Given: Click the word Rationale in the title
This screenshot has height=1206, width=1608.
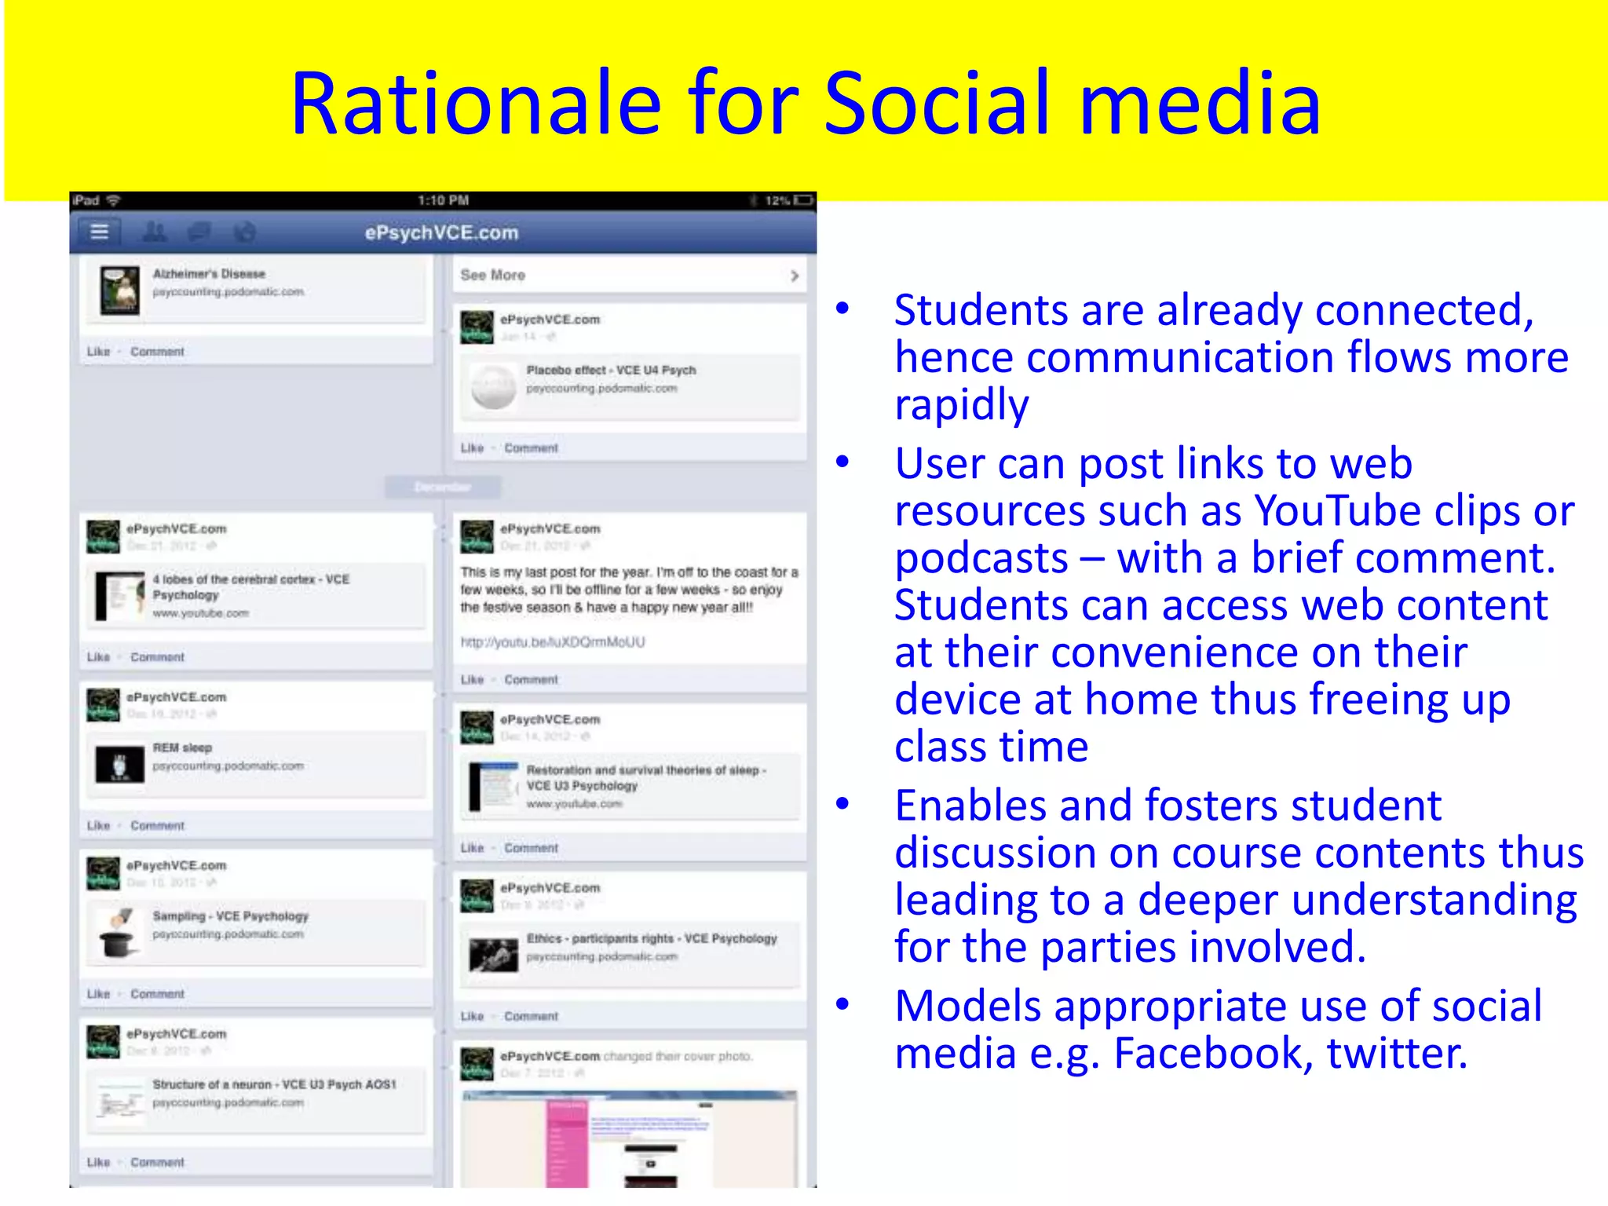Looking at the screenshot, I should [x=476, y=104].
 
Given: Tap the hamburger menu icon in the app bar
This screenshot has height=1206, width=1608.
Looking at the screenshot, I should [x=99, y=232].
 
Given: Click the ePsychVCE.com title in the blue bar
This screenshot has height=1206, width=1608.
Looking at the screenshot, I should [x=441, y=233].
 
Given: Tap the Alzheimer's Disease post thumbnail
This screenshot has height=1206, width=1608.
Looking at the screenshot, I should [x=120, y=289].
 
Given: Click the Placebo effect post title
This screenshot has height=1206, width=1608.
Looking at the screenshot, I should [x=611, y=371].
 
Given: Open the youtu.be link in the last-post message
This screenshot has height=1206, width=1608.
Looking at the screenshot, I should [x=553, y=642].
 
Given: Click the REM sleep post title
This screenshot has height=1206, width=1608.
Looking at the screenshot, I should [x=182, y=748].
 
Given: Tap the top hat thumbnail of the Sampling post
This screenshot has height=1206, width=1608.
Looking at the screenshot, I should [x=119, y=934].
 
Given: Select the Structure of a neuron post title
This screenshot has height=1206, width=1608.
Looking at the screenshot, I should [x=274, y=1085].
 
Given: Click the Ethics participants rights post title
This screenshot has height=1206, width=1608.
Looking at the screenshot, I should [x=652, y=939].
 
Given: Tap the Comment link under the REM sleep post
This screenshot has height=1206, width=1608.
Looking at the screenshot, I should [x=157, y=826].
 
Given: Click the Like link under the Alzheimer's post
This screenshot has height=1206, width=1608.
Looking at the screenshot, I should [x=98, y=352].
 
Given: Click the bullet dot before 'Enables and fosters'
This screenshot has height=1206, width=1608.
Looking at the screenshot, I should [x=843, y=804].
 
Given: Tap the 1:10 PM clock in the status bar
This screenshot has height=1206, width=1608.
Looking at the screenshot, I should [x=443, y=201].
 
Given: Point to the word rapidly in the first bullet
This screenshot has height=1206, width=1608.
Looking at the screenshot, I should [x=961, y=405].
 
